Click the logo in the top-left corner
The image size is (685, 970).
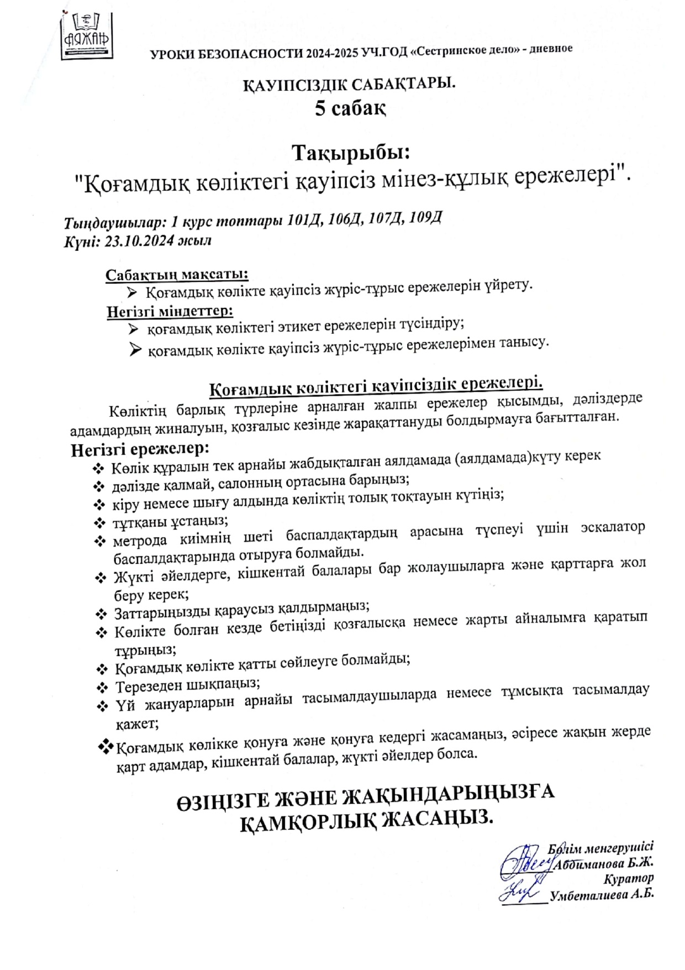[87, 35]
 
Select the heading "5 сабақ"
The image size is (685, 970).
[350, 108]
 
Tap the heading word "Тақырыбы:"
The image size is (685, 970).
[351, 151]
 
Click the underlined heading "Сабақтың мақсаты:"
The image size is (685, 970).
[177, 275]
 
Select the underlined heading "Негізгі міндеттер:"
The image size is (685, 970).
[170, 311]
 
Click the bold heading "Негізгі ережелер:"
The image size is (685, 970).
[140, 449]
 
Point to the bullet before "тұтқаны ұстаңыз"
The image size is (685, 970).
[100, 522]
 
